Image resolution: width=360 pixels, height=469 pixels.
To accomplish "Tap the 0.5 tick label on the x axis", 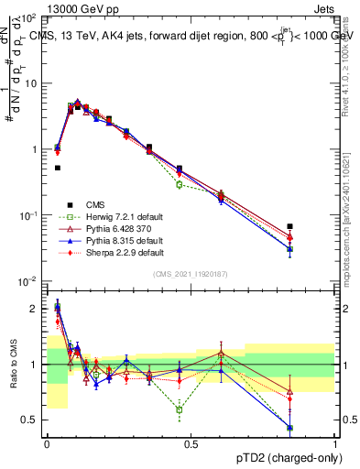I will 191,444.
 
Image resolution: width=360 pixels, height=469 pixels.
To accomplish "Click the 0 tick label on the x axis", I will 47,444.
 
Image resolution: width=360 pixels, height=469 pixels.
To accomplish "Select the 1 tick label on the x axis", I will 334,444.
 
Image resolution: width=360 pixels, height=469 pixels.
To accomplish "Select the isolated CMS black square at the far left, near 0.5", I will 57,168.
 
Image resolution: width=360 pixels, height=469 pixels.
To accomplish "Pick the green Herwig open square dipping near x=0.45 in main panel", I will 180,185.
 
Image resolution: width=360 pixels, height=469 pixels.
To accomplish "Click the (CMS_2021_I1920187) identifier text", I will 191,274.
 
